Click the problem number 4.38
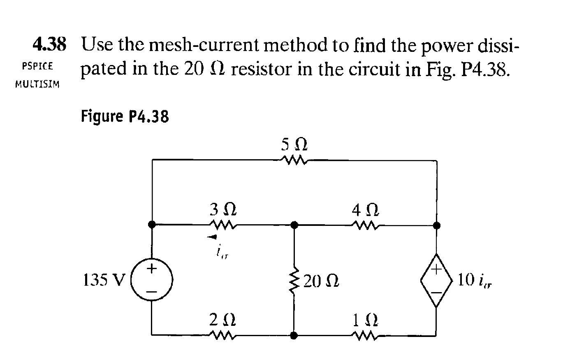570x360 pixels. (49, 44)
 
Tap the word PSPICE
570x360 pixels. (37, 66)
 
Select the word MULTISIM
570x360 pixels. (37, 85)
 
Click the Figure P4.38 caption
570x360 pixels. (125, 117)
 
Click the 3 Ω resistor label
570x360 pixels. (223, 210)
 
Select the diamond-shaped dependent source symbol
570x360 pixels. (436, 280)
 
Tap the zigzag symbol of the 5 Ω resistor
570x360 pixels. (294, 160)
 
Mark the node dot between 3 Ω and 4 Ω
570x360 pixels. (294, 225)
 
